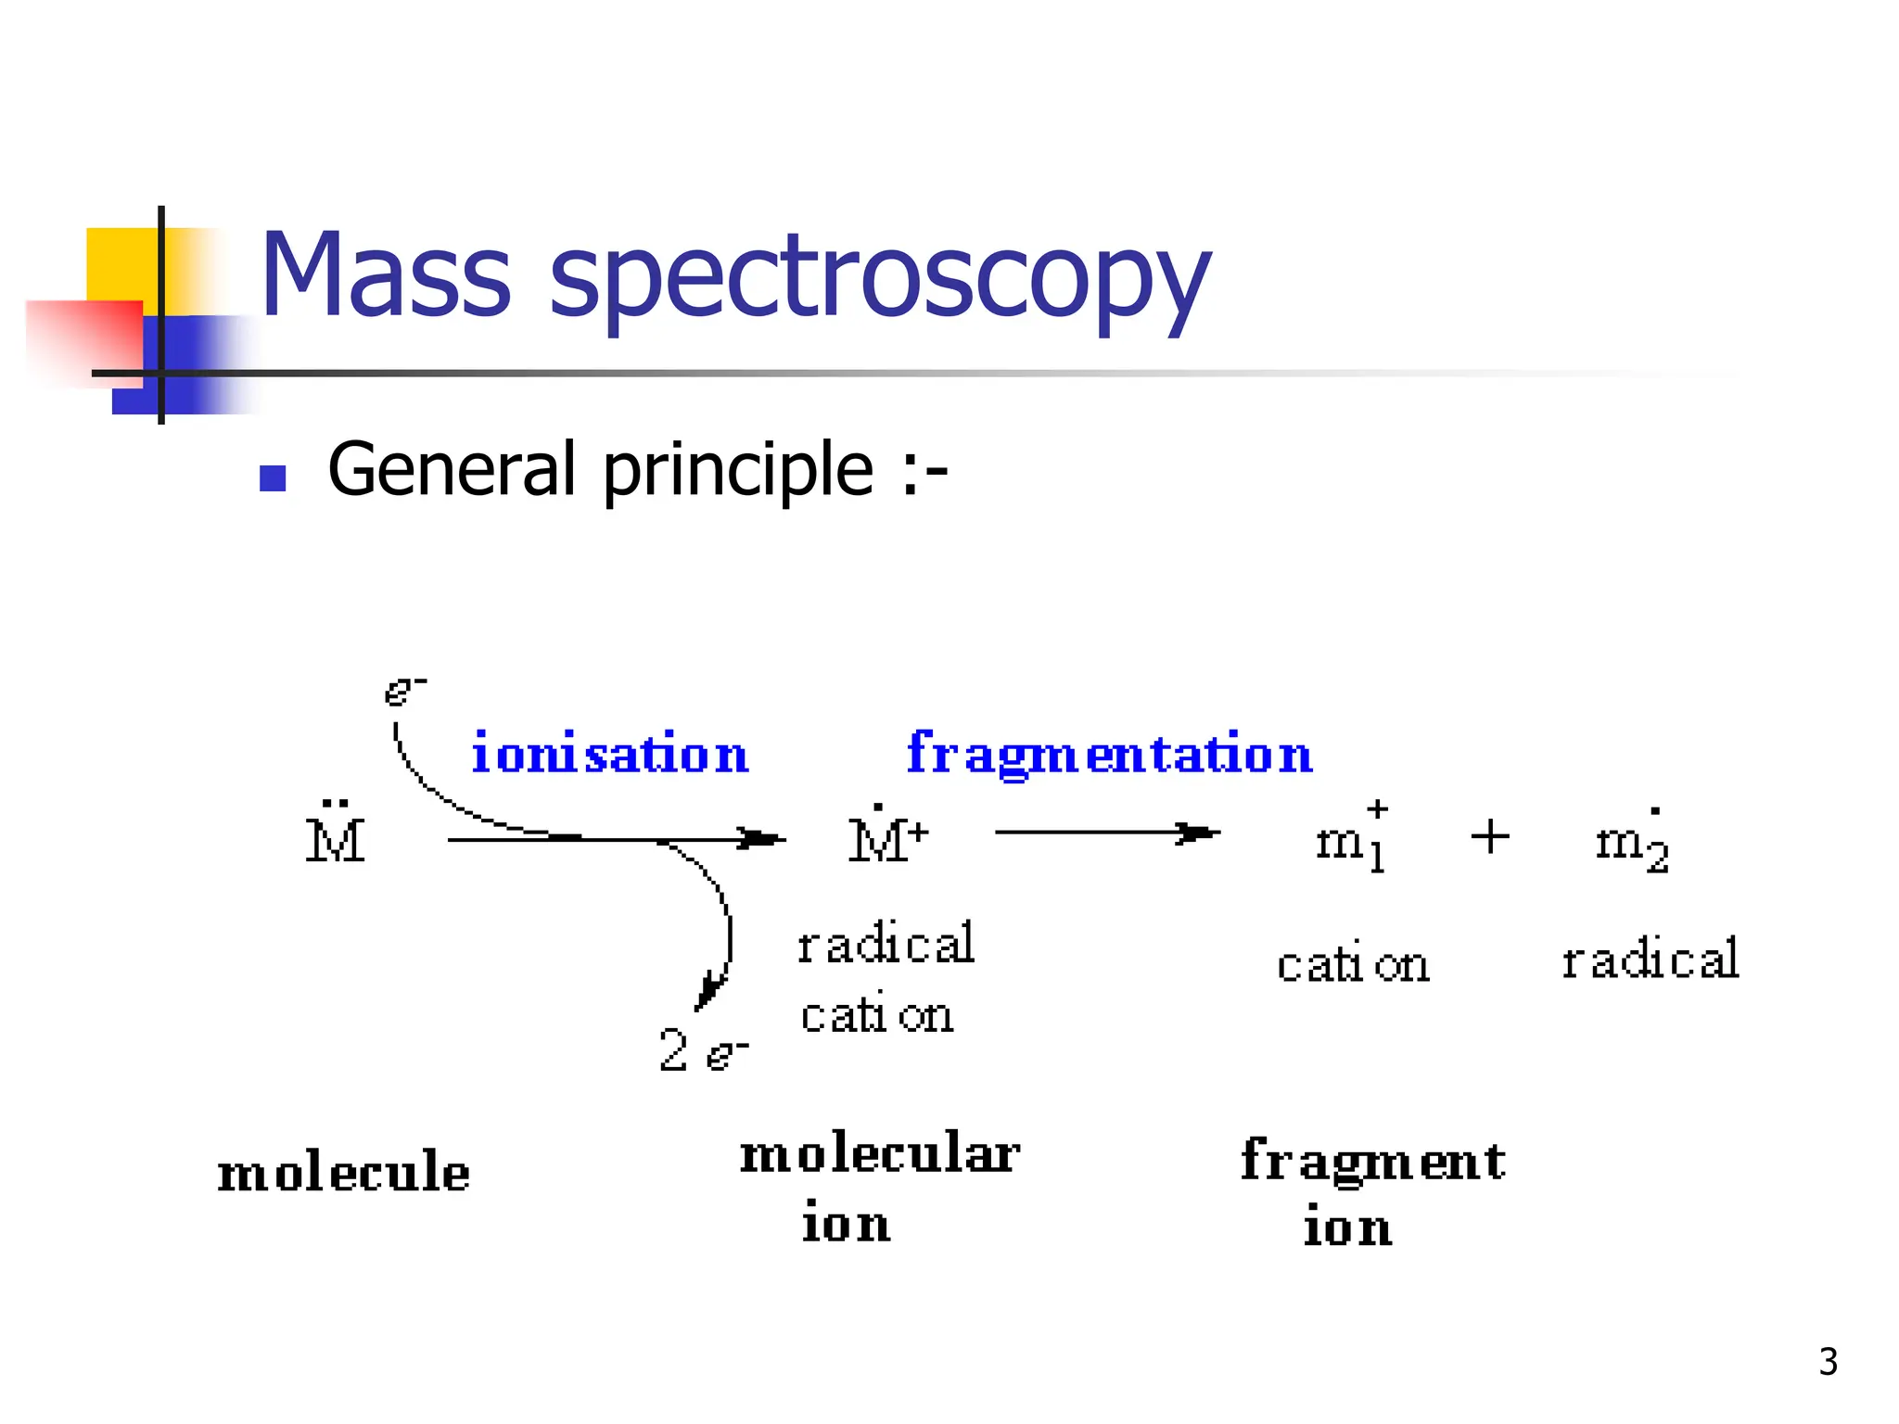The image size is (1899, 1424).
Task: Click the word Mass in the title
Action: (385, 274)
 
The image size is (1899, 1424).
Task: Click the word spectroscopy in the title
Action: (879, 278)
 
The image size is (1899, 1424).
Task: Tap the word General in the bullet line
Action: (452, 469)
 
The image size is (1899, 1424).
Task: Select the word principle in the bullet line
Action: (738, 471)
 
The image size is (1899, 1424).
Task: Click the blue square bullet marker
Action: (273, 478)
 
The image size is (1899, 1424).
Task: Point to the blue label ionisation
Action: (609, 753)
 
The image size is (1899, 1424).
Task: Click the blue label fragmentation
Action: (1109, 753)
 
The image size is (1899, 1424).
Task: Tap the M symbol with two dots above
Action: (336, 836)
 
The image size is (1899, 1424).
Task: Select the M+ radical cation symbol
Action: (887, 838)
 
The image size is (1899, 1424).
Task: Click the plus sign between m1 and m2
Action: (1490, 836)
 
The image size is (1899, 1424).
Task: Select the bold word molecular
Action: (879, 1155)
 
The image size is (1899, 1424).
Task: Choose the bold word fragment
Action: (1372, 1161)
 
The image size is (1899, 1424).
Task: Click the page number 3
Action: (1828, 1362)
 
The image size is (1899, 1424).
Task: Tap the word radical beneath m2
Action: (1650, 960)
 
